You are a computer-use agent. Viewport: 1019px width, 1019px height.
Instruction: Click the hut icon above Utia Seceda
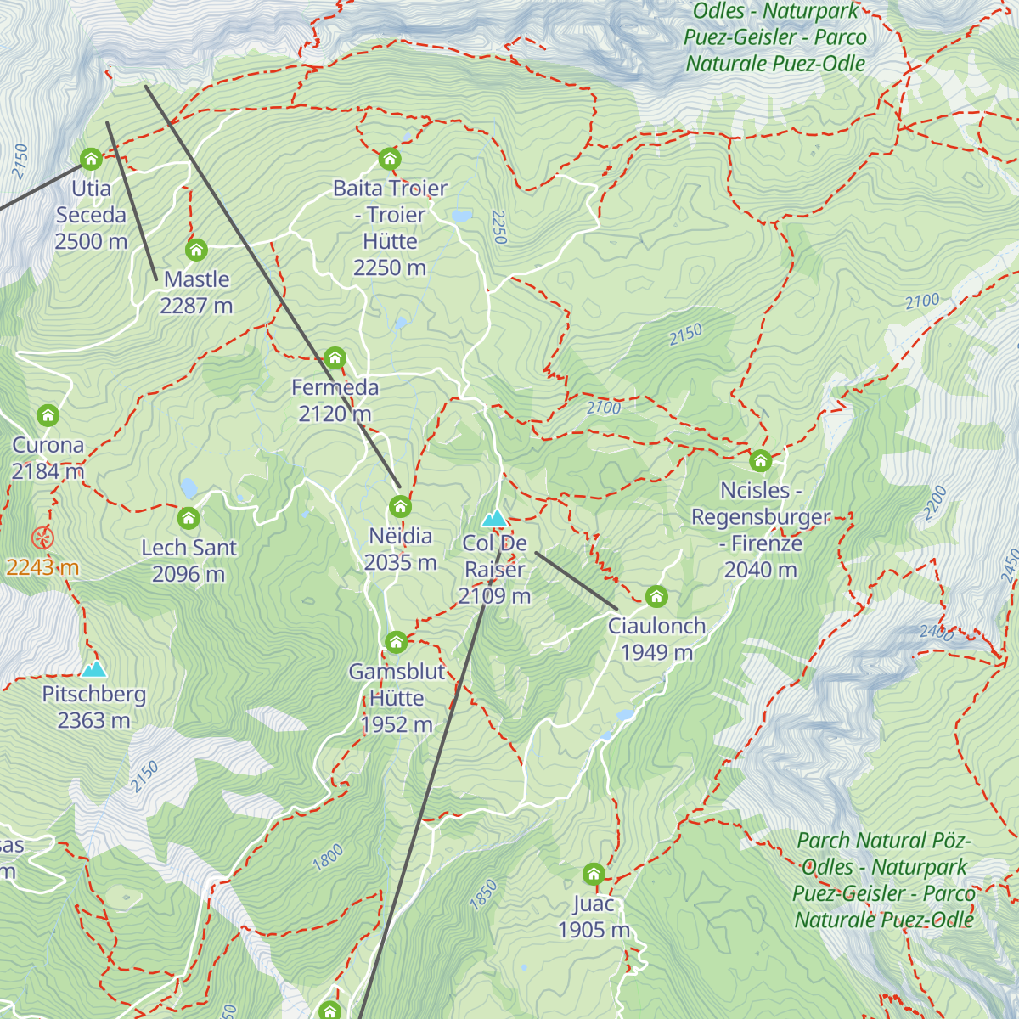[91, 159]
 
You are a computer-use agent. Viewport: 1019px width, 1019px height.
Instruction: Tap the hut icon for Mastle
[196, 250]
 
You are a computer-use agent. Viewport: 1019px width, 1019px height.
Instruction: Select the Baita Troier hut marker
[389, 159]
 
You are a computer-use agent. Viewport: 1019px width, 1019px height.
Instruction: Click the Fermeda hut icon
[335, 358]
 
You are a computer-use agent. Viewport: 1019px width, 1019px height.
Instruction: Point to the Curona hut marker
[48, 415]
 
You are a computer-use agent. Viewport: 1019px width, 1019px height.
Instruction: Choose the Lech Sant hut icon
[189, 518]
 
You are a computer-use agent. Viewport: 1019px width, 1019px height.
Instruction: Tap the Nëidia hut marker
[400, 507]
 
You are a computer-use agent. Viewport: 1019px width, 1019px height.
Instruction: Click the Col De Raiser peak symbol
[494, 518]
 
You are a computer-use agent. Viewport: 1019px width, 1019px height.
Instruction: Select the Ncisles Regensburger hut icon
[760, 461]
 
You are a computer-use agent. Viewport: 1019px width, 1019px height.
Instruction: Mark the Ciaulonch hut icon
[656, 597]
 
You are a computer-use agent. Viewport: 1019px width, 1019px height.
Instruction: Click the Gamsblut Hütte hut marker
[396, 642]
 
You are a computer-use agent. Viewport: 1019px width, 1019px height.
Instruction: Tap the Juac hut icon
[594, 874]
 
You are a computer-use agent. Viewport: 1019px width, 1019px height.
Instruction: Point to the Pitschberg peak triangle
[93, 669]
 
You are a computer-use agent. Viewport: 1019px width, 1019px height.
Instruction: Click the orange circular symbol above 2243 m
[42, 538]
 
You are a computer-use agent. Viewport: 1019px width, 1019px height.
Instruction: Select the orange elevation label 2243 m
[42, 567]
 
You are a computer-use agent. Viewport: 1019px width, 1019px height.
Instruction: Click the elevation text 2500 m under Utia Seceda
[91, 242]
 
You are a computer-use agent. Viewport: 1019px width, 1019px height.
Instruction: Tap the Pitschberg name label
[93, 695]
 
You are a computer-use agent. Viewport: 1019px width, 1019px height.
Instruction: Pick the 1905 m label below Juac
[594, 931]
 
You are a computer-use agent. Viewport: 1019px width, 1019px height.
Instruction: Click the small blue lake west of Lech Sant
[189, 487]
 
